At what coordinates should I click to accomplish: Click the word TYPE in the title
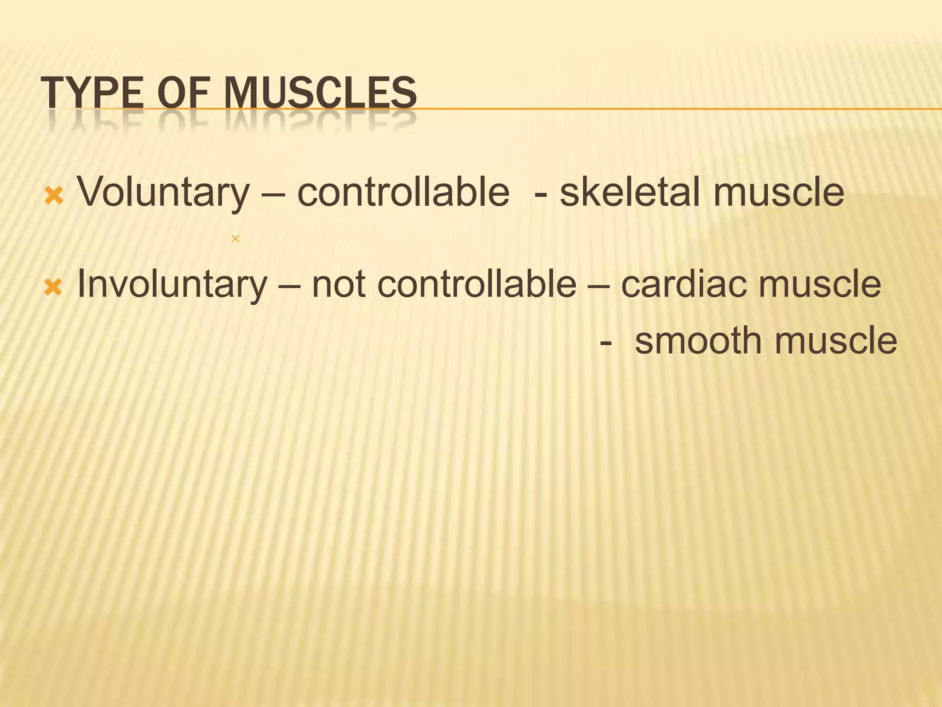coord(92,93)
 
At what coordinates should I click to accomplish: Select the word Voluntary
coord(163,192)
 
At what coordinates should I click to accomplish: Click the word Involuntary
coord(172,284)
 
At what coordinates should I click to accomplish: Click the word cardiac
coord(685,284)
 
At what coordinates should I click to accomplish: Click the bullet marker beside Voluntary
coord(53,196)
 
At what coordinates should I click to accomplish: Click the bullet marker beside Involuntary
coord(53,288)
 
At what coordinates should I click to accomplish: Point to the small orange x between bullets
coord(235,239)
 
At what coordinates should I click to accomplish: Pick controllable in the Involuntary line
coord(477,284)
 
